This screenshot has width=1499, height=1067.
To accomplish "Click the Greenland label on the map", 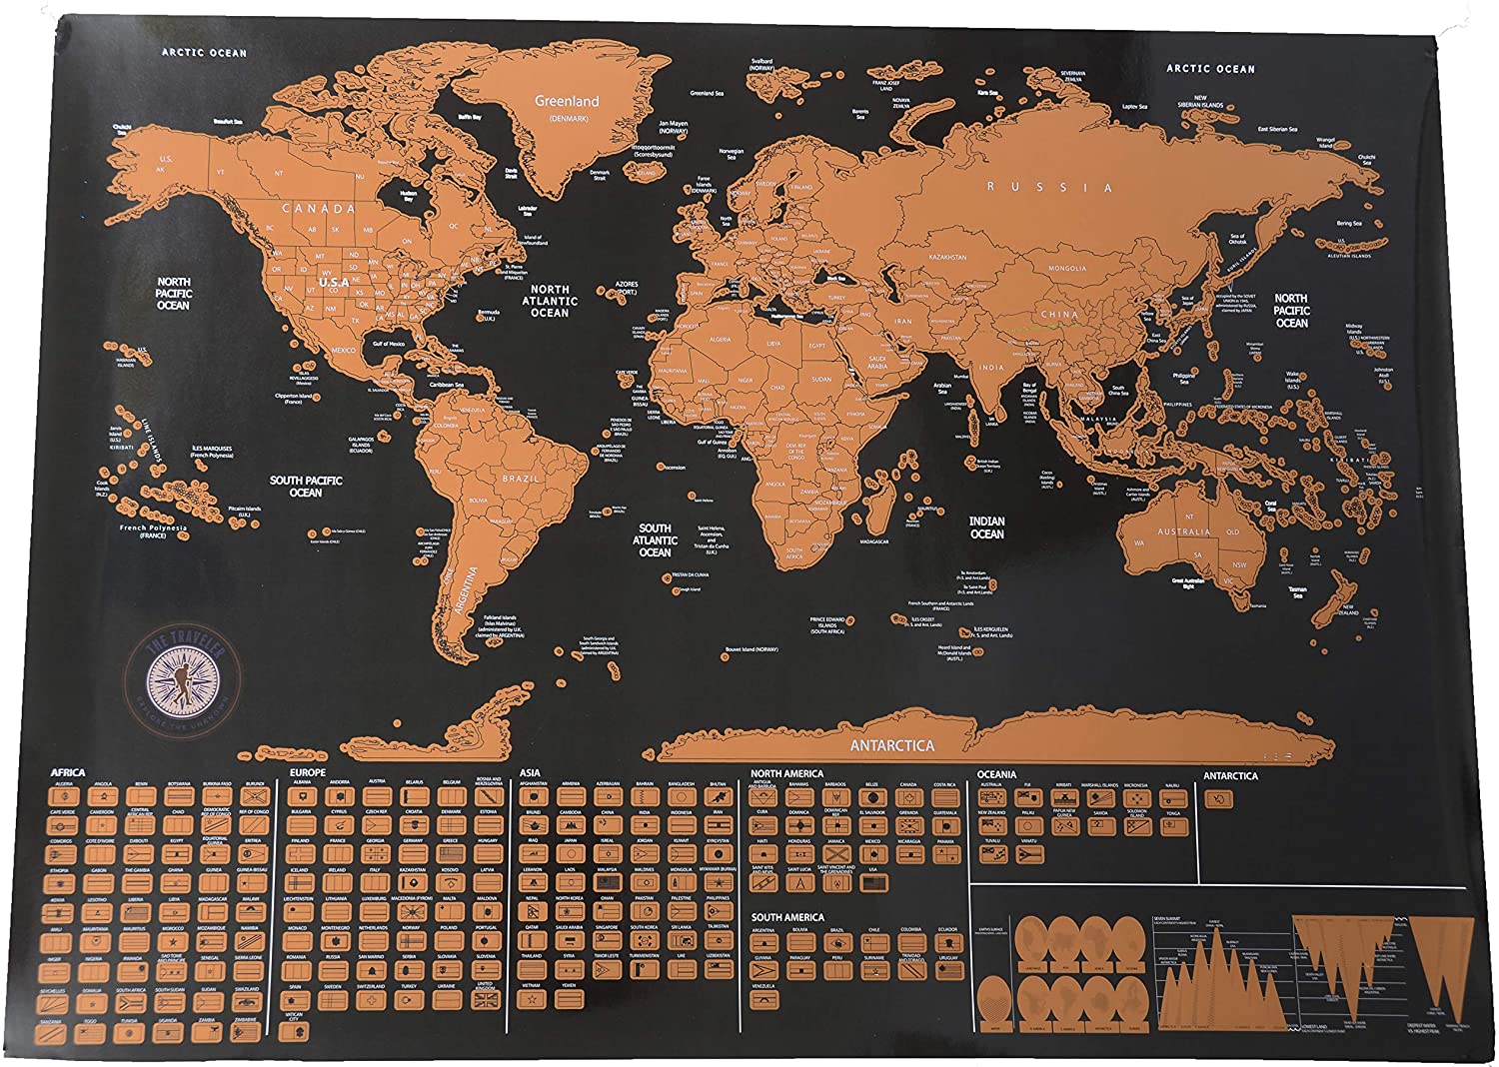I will pos(567,101).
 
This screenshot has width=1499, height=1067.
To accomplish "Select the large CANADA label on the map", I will pos(319,209).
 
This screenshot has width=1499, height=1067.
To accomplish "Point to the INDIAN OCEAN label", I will pos(986,528).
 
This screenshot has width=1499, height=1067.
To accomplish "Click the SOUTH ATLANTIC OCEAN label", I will pos(655,539).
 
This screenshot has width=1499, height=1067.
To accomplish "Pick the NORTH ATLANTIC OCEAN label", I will pos(550,301).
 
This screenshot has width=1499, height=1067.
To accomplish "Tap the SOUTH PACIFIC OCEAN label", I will pos(306,487).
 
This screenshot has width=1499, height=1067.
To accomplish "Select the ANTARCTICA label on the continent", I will pos(891,745).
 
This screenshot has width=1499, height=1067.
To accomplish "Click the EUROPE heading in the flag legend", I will pos(308,772).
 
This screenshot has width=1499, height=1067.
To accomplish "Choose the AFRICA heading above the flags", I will pos(68,772).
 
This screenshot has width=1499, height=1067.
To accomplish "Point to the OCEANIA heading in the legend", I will pos(996,774).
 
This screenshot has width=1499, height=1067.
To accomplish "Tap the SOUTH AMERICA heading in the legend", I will pos(787,917).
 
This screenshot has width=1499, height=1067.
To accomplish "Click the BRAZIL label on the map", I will pos(521,479).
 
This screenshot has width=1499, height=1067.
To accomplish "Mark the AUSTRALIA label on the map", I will pos(1183,532).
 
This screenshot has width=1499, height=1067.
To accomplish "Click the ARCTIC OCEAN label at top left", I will pos(204,53).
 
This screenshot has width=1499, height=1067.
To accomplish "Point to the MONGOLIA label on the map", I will pos(1066,269).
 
